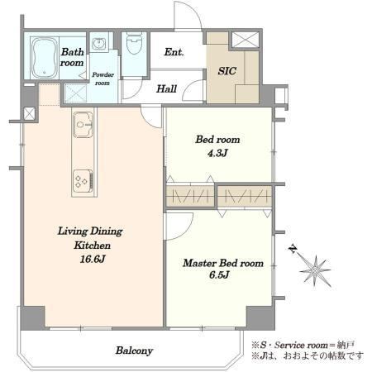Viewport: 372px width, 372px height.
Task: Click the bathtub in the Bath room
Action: tap(45, 58)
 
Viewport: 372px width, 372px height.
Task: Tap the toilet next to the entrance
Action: tap(134, 43)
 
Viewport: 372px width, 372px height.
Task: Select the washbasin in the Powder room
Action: tap(98, 43)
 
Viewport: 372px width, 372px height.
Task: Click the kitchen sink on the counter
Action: tap(83, 125)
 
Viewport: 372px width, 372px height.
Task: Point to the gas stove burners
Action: tap(83, 181)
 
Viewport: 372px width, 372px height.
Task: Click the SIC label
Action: tap(227, 71)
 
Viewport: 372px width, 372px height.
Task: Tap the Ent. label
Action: tap(174, 52)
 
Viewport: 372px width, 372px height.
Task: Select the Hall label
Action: tap(166, 88)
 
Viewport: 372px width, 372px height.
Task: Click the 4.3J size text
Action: tap(217, 153)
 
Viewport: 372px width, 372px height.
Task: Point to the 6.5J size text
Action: tap(219, 274)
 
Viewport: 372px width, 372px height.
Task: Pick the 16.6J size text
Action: tap(93, 259)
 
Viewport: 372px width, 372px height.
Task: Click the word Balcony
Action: tap(134, 351)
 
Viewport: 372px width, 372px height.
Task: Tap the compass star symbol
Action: tap(315, 271)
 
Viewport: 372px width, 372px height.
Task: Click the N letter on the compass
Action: tap(293, 250)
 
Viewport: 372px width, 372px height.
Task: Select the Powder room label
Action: tap(103, 79)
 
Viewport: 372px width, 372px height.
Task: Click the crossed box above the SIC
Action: tap(246, 40)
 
